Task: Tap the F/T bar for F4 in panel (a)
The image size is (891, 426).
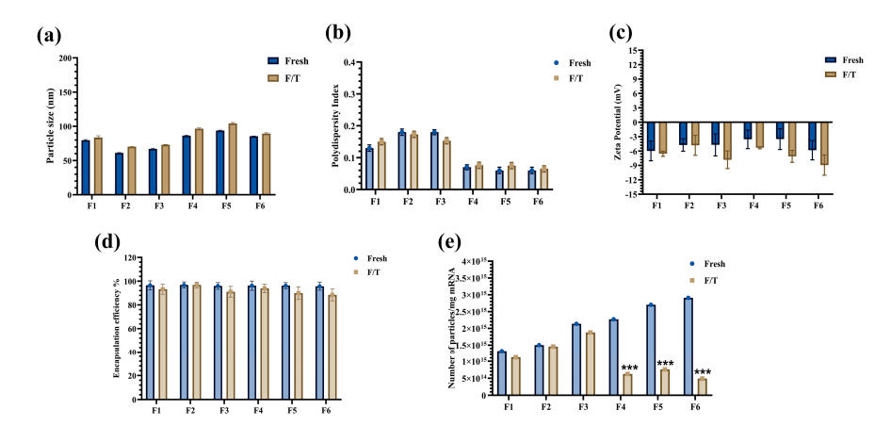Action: click(199, 161)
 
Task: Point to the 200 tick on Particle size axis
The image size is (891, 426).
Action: click(67, 58)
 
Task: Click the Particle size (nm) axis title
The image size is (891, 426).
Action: click(50, 126)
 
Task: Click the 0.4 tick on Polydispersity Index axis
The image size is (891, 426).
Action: click(351, 63)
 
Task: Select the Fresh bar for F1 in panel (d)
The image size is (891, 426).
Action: click(148, 339)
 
